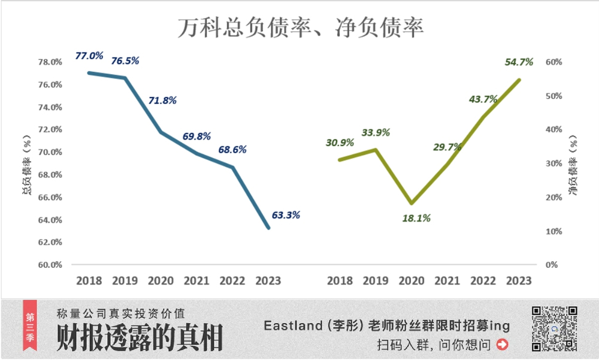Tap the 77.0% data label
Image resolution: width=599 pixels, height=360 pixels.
click(90, 56)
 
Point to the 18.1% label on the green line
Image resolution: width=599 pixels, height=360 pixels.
click(416, 219)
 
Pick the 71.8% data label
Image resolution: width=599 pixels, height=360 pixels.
click(162, 100)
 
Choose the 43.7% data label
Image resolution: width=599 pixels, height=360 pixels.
click(483, 99)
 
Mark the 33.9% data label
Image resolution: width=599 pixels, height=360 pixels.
click(376, 132)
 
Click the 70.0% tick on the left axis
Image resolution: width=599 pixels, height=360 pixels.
click(50, 152)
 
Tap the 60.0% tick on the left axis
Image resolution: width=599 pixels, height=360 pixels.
click(50, 265)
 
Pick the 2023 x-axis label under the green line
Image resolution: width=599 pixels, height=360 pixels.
click(519, 280)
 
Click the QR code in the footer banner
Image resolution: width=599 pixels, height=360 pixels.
click(555, 328)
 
